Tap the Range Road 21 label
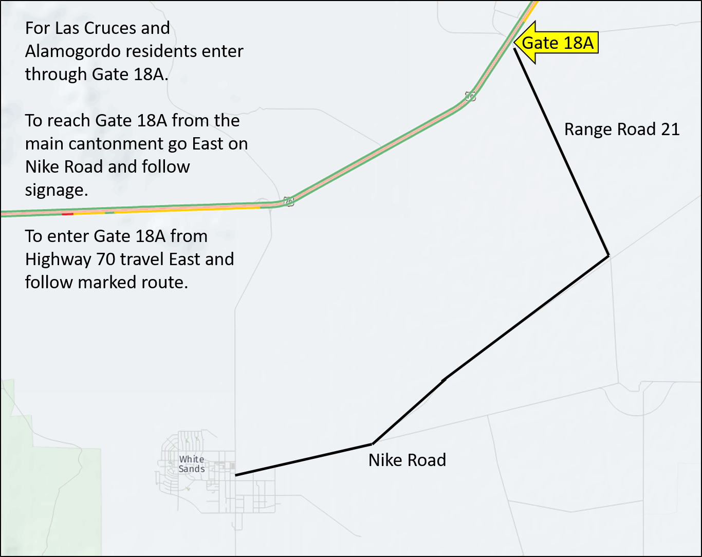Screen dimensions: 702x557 coord(622,129)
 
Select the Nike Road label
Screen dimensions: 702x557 coord(407,460)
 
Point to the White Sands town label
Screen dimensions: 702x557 coord(192,463)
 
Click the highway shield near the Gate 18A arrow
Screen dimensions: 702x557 coord(470,96)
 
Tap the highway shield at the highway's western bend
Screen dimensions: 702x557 coord(289,201)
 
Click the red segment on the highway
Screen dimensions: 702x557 coord(67,213)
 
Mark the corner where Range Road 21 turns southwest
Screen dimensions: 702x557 coord(608,255)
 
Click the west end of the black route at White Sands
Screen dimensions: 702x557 coord(236,475)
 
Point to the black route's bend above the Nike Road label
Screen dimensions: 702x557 coord(373,443)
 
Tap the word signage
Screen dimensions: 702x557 coord(57,190)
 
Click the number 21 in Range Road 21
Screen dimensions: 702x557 coord(670,129)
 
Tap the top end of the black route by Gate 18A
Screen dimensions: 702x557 coord(515,50)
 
